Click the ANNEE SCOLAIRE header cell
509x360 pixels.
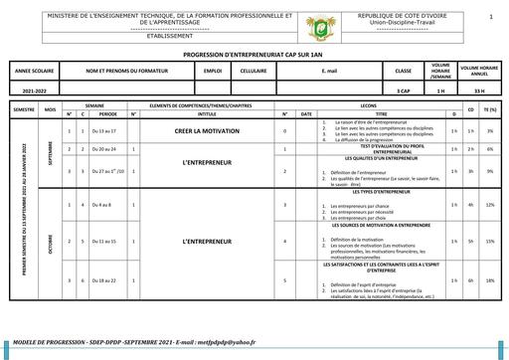[x=36, y=73]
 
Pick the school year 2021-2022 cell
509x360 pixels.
[x=36, y=90]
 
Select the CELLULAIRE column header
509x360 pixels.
[x=254, y=73]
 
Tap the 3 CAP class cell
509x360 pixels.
[x=403, y=90]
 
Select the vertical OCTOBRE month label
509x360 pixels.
[x=50, y=241]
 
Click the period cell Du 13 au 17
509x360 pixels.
[x=103, y=131]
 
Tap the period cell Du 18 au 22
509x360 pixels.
[x=103, y=280]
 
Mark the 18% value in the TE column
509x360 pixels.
[x=490, y=280]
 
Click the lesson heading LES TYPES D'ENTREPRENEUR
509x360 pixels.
[x=381, y=191]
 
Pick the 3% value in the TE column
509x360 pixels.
[x=490, y=131]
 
